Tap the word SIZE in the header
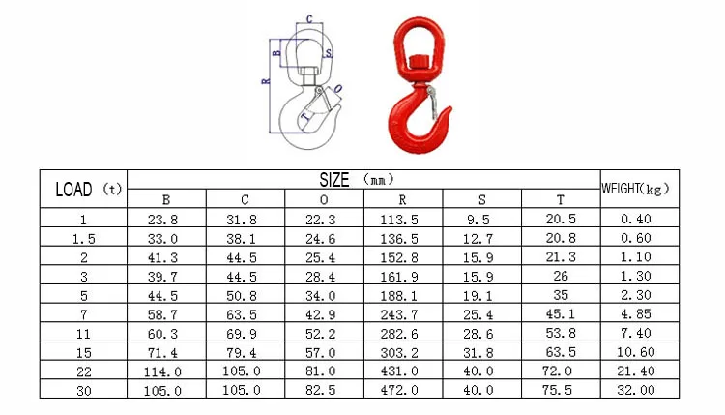click(334, 180)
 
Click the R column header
click(403, 199)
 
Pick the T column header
click(561, 199)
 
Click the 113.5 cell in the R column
click(399, 220)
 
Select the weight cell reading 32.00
click(636, 390)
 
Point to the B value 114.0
click(162, 372)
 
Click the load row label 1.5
click(84, 239)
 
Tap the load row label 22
click(84, 372)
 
